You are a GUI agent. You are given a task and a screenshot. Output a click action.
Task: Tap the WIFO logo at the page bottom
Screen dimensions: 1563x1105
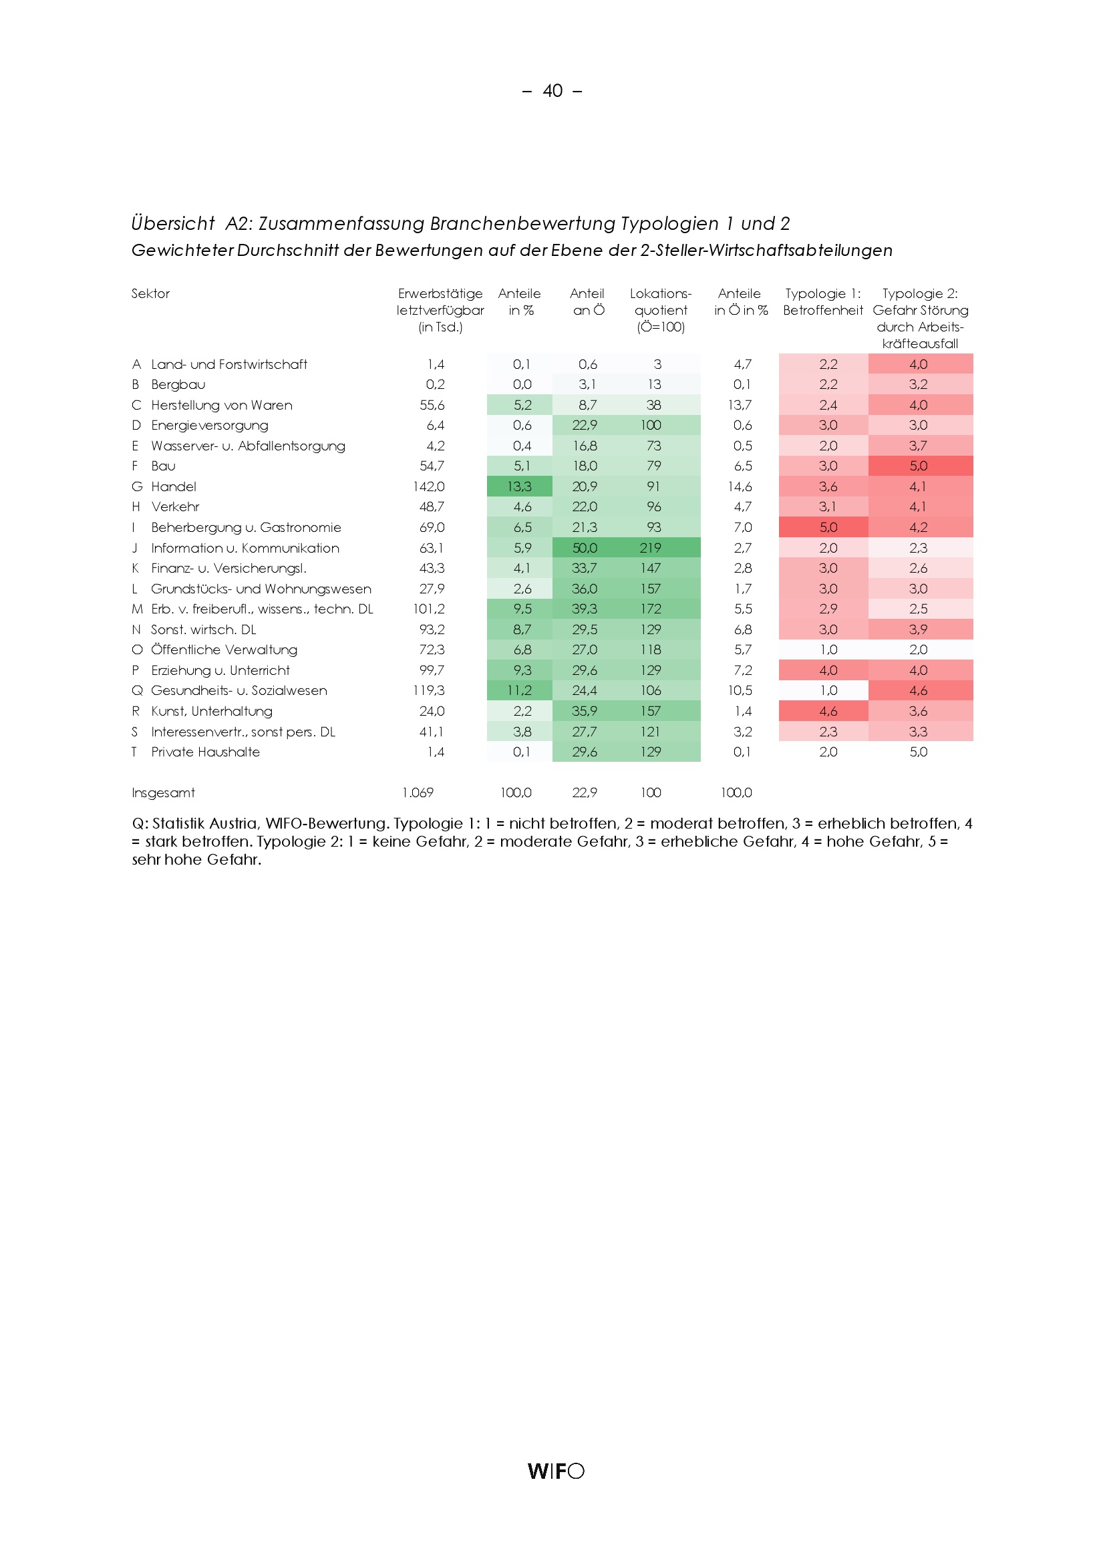pos(555,1470)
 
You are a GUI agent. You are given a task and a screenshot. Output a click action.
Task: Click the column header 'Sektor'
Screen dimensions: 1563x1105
pos(150,293)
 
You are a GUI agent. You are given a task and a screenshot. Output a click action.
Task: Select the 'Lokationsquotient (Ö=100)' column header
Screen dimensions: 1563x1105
pos(660,310)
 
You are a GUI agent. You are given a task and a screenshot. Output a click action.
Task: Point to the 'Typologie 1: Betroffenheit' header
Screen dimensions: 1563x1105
pos(822,301)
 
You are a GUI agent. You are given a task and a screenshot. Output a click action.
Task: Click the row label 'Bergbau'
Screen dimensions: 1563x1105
pos(178,385)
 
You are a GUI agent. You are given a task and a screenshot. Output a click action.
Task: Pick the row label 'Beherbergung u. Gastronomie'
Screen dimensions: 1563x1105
pos(246,528)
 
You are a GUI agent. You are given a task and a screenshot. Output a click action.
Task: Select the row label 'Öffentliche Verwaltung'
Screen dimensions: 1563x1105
pos(224,650)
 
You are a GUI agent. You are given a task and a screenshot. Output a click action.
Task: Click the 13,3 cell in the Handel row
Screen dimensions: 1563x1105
pos(519,486)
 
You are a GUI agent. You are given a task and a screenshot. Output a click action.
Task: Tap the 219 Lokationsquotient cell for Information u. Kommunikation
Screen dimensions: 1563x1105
pos(651,548)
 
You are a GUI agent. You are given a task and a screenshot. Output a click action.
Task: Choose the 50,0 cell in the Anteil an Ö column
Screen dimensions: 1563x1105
pos(585,548)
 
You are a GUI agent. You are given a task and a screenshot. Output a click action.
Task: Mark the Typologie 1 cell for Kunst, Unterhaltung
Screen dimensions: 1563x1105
pos(827,712)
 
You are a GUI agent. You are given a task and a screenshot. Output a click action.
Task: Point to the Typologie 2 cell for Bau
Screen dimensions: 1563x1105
pos(918,466)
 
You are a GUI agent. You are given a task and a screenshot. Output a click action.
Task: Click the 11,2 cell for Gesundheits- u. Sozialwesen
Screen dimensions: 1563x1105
pos(519,690)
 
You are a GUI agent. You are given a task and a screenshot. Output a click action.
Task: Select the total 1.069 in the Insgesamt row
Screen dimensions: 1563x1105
pos(418,793)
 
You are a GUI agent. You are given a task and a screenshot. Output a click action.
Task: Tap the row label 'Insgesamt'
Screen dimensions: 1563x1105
pos(163,793)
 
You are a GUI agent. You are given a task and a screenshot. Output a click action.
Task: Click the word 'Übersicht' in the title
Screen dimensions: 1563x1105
pos(173,223)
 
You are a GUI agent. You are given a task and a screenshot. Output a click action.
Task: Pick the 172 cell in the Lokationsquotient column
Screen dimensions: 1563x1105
pos(651,609)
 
